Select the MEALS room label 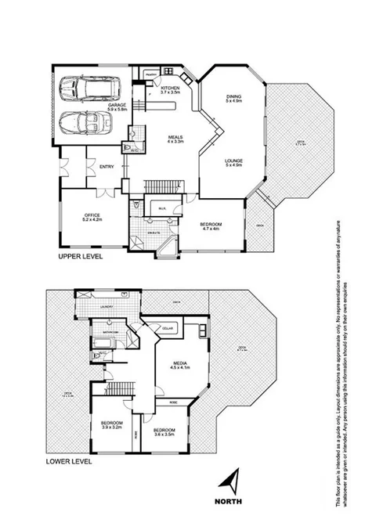175,139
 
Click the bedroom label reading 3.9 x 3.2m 111,426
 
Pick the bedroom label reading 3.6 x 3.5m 164,432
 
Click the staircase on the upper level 161,186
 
